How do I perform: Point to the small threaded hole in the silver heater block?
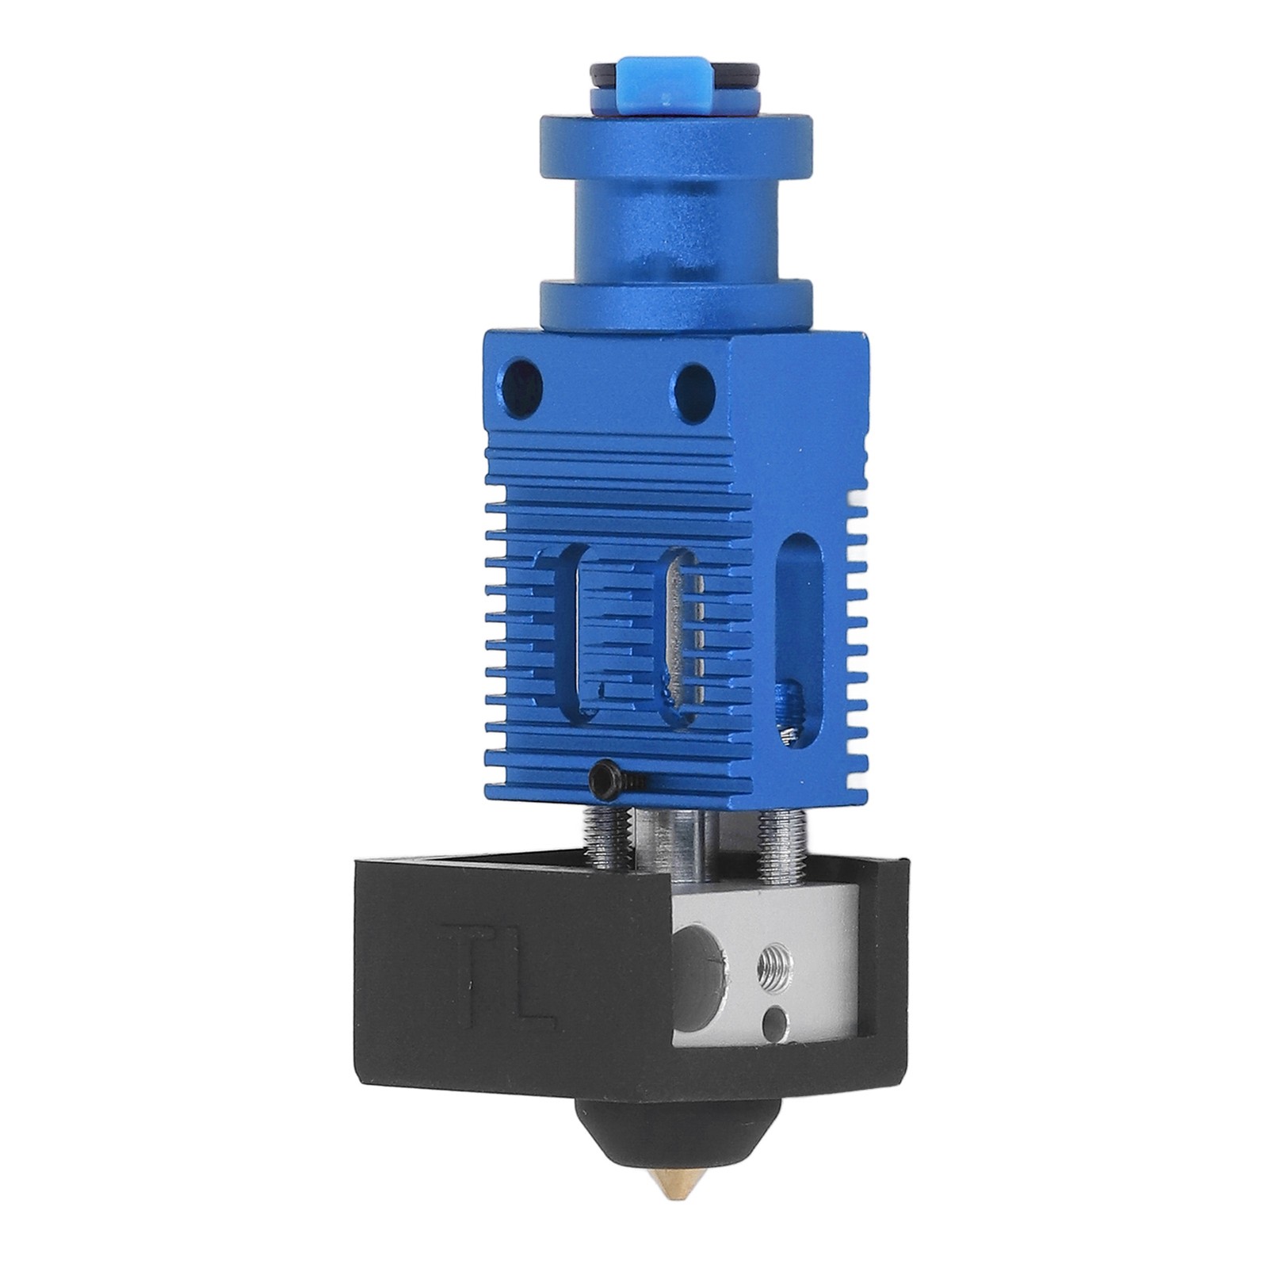click(775, 972)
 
